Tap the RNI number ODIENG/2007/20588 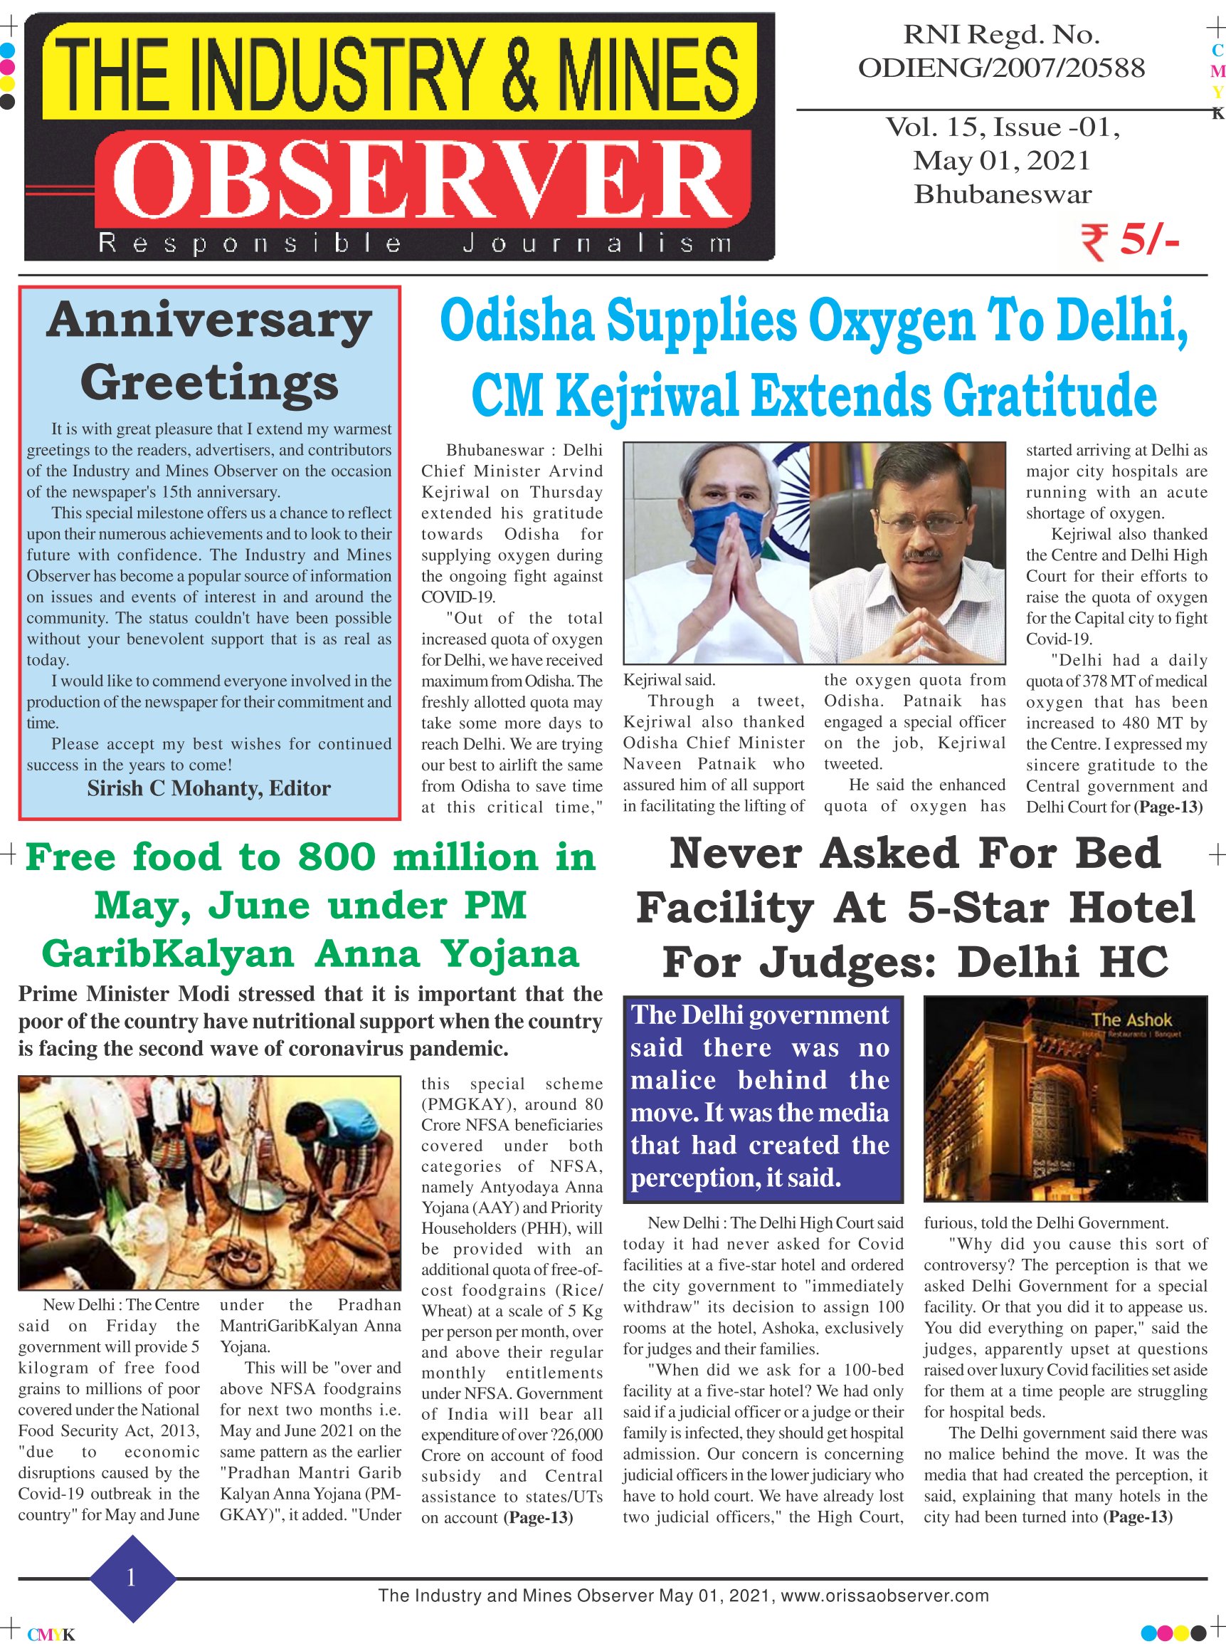click(x=1001, y=68)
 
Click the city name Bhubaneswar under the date click(x=1003, y=194)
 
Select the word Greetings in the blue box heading click(x=209, y=383)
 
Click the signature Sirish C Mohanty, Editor click(x=208, y=789)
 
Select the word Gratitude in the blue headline click(x=1050, y=396)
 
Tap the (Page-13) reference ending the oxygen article click(x=1168, y=807)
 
